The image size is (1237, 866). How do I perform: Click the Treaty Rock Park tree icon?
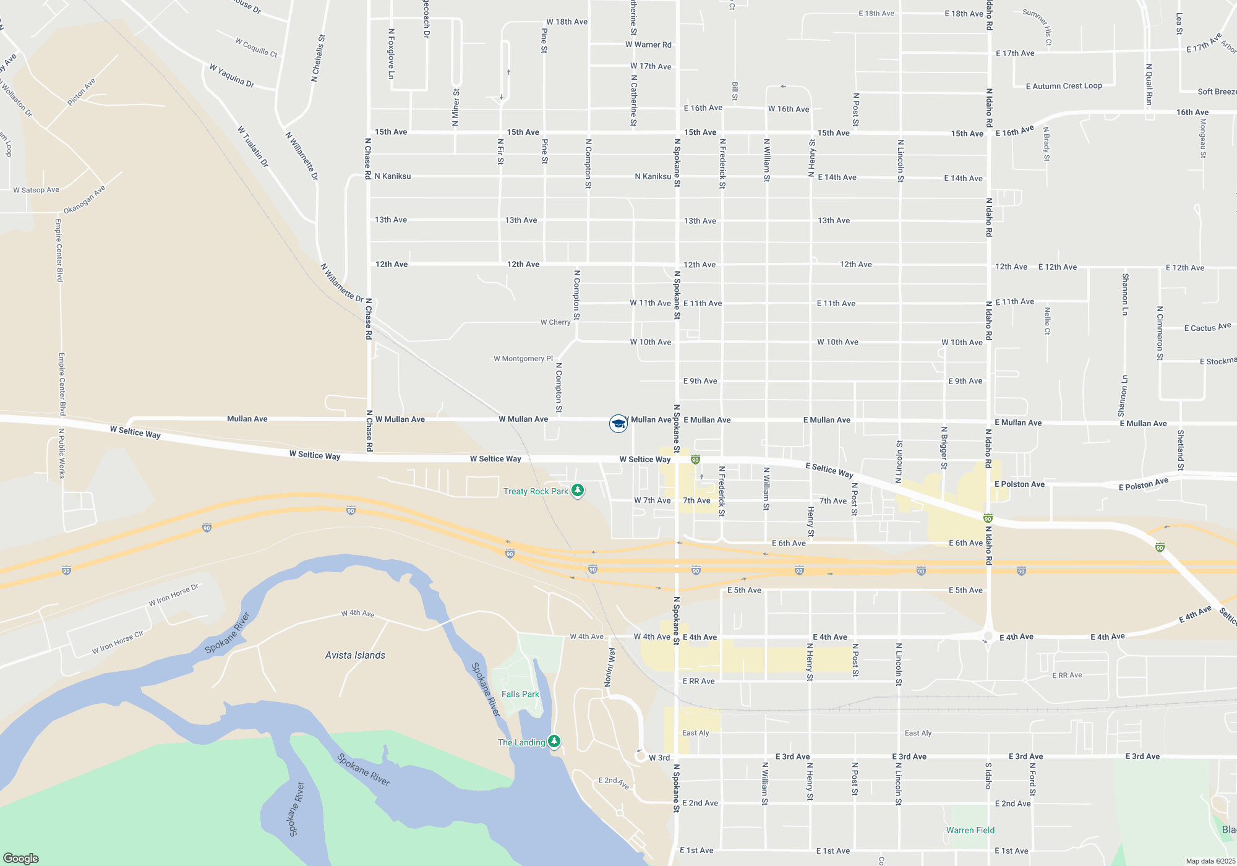pos(578,491)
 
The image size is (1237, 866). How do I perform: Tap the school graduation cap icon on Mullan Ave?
pos(618,423)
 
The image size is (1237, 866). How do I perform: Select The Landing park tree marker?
pos(554,741)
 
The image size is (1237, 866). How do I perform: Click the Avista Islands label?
pos(355,655)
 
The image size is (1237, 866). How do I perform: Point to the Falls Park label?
pos(520,694)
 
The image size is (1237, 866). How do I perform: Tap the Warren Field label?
pos(970,830)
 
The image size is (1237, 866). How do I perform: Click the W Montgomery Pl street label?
pos(523,359)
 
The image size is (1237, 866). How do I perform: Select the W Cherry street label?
pos(555,322)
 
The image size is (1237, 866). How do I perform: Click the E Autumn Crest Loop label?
pos(1064,86)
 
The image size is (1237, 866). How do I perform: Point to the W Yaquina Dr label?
pos(232,75)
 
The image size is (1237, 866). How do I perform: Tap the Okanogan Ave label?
pos(85,199)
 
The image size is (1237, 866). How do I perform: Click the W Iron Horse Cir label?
pos(118,642)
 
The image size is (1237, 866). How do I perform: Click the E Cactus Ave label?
pos(1207,327)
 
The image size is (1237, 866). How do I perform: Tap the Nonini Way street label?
pos(610,667)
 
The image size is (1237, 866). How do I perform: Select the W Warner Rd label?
pos(648,45)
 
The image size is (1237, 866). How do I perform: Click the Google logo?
pos(21,858)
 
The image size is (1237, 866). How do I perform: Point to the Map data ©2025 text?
pos(1210,861)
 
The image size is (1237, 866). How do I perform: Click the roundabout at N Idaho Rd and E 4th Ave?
pos(988,637)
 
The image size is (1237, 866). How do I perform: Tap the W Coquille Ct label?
pos(257,47)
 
